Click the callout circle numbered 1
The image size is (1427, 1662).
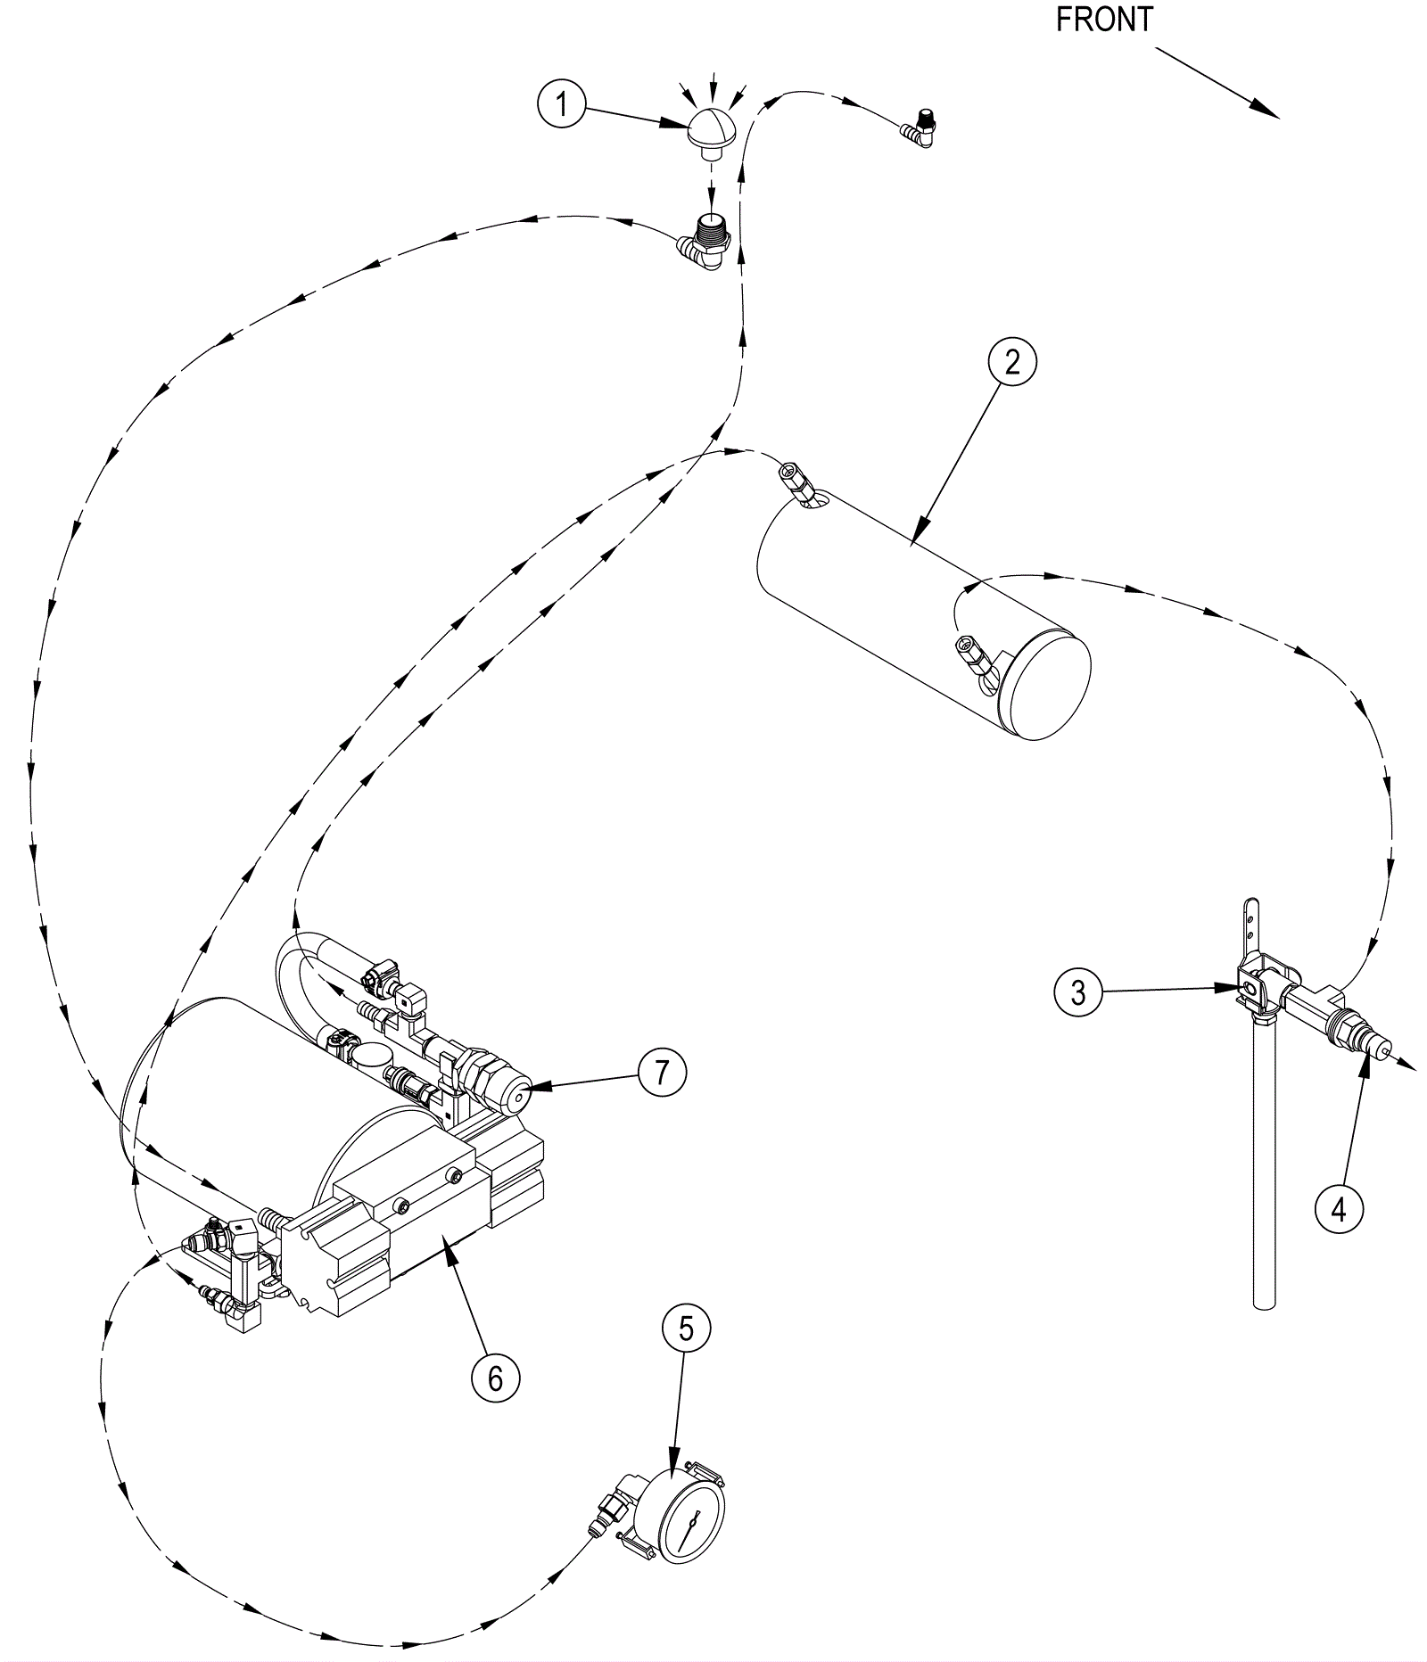pos(562,105)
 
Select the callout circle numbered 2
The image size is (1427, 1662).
pos(1011,362)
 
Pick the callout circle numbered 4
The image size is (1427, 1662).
pos(1339,1210)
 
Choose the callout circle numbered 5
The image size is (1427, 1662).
pos(686,1329)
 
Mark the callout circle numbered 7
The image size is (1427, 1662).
pos(661,1072)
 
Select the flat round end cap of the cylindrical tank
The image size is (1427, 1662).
pos(1044,685)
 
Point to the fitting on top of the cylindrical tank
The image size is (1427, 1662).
pos(796,482)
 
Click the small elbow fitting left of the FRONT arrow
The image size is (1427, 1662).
pos(919,129)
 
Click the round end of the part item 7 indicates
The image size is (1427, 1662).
pos(516,1098)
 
